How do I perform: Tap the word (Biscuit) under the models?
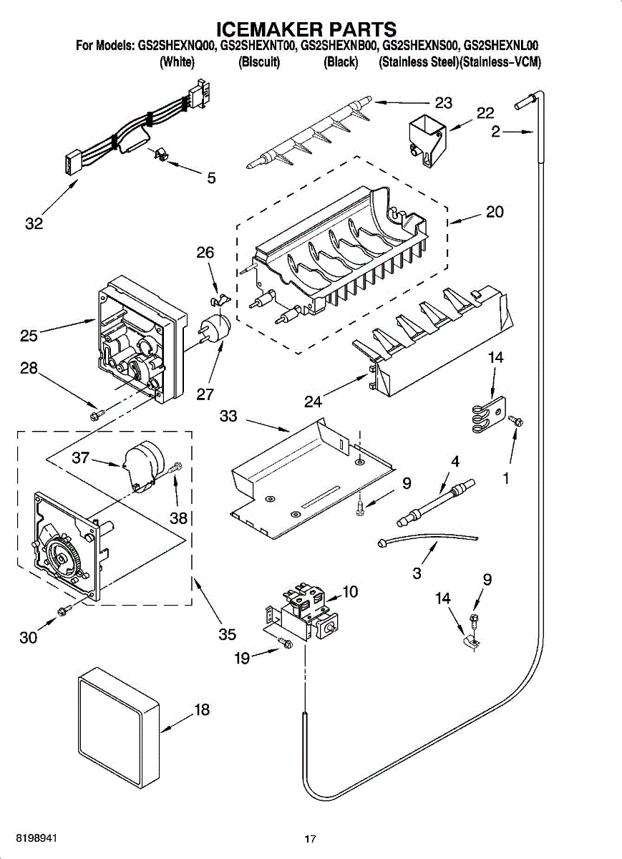click(259, 62)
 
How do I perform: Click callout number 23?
click(444, 102)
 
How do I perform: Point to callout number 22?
click(485, 113)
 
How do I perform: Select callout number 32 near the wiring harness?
click(34, 223)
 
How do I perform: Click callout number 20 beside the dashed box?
click(495, 211)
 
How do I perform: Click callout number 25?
click(29, 336)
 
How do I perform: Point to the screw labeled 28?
click(97, 414)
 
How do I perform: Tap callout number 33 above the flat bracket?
click(228, 416)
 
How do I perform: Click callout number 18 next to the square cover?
click(202, 709)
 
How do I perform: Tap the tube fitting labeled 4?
click(437, 502)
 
